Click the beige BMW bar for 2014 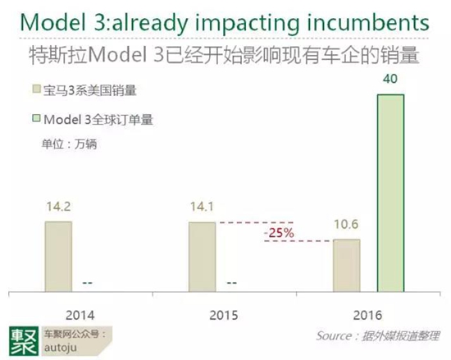click(58, 257)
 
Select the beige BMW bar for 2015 click(202, 257)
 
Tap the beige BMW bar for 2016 click(347, 266)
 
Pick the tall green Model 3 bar click(390, 194)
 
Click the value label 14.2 click(58, 207)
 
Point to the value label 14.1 click(202, 207)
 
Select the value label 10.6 click(346, 224)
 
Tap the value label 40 click(390, 79)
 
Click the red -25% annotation click(279, 233)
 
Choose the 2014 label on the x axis click(80, 316)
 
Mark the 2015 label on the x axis click(224, 316)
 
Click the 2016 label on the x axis click(367, 316)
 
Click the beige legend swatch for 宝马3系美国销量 click(37, 89)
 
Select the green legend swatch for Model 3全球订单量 click(37, 118)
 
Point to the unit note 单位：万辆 click(70, 144)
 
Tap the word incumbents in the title click(368, 22)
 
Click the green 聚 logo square click(24, 341)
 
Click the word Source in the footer click(334, 336)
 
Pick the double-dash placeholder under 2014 click(88, 283)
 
